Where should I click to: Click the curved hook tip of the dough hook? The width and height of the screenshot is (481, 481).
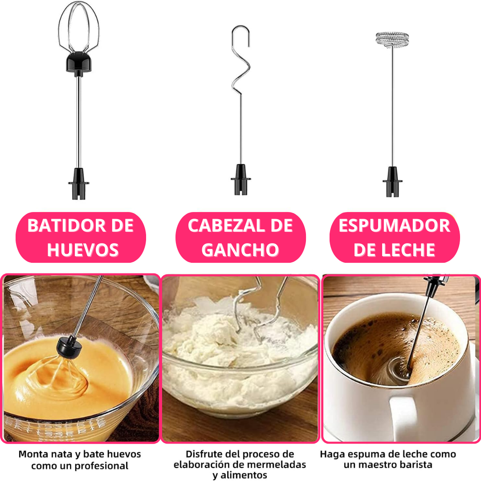(241, 34)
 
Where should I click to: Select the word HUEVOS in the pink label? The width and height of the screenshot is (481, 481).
(83, 250)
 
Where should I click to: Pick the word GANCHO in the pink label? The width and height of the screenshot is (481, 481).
(240, 250)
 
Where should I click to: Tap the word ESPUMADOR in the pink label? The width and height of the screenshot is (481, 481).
(395, 226)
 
